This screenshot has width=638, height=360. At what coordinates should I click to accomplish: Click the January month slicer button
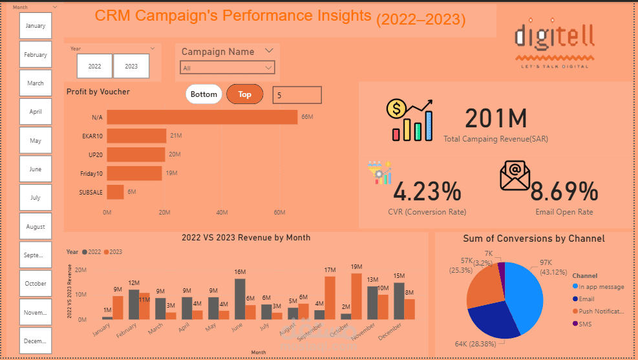(36, 26)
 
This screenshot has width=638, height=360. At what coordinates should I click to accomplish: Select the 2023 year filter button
(131, 66)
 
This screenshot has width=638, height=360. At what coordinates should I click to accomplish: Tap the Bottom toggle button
(204, 94)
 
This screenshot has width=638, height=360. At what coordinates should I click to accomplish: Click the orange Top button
(245, 94)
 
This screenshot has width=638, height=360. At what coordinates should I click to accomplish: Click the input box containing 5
(297, 95)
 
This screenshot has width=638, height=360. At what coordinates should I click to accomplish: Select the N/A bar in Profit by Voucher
(202, 117)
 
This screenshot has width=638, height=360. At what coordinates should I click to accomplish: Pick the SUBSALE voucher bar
(115, 192)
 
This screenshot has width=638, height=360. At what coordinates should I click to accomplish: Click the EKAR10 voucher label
(91, 136)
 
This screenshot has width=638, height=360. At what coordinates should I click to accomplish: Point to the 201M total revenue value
(496, 118)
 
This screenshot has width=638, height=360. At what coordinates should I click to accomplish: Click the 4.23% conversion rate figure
(427, 192)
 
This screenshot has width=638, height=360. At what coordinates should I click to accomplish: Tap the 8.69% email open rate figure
(564, 192)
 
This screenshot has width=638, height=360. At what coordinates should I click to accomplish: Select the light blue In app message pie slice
(524, 291)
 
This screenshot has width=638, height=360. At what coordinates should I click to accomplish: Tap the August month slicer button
(36, 227)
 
